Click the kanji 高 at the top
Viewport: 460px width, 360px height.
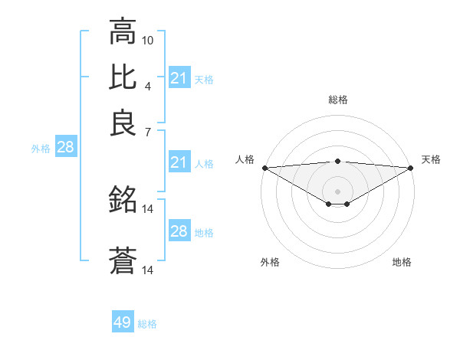(123, 32)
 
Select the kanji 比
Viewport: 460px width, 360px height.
(123, 77)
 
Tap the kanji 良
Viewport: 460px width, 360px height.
(123, 123)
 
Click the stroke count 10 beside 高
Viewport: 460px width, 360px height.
(148, 39)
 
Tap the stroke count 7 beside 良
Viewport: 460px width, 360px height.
(148, 133)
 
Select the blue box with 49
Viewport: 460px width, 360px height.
(123, 322)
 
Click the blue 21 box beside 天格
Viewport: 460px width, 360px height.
(179, 78)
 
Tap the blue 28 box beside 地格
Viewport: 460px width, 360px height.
(179, 231)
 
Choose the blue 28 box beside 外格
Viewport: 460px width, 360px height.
(65, 148)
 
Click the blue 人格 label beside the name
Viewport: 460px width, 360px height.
(204, 163)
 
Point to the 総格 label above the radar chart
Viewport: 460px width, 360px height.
(338, 100)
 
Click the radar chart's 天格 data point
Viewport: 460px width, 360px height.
(412, 168)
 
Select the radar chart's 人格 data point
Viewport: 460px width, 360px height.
(264, 168)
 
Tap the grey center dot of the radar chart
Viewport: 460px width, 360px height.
(338, 191)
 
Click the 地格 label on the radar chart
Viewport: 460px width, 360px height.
(402, 262)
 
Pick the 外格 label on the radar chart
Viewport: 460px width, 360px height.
(270, 262)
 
